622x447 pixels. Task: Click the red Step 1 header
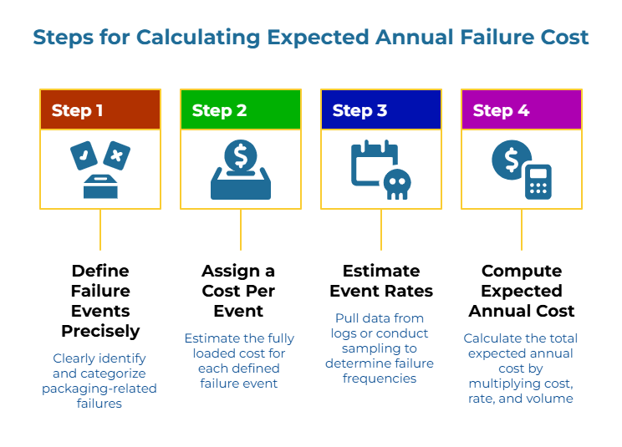pyautogui.click(x=99, y=110)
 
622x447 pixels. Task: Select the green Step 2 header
pyautogui.click(x=240, y=110)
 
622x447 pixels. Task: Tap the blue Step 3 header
pyautogui.click(x=380, y=110)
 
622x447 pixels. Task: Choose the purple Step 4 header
pyautogui.click(x=521, y=110)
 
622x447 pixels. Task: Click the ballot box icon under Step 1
pyautogui.click(x=100, y=185)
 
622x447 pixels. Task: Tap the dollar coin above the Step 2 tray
pyautogui.click(x=241, y=155)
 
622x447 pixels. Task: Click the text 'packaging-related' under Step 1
pyautogui.click(x=99, y=389)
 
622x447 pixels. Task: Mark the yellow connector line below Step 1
pyautogui.click(x=100, y=230)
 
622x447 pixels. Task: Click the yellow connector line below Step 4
pyautogui.click(x=522, y=230)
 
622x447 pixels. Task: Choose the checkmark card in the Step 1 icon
pyautogui.click(x=84, y=155)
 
